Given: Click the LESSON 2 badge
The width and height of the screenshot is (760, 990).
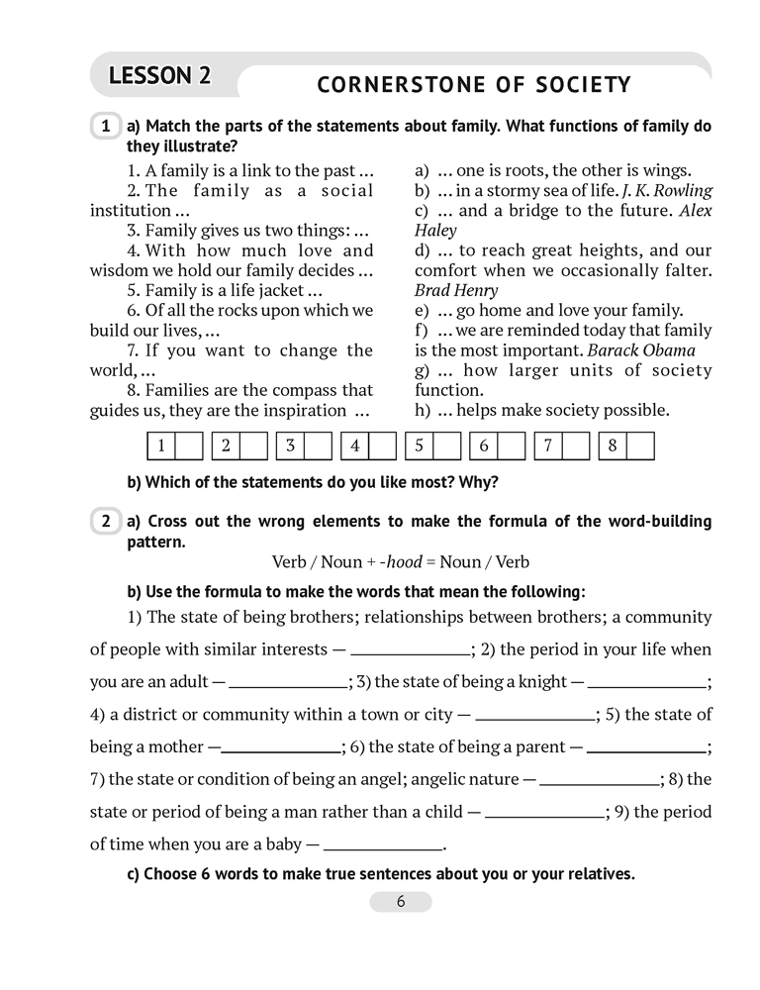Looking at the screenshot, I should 159,75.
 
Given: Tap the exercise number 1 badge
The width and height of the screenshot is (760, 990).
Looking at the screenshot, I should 105,128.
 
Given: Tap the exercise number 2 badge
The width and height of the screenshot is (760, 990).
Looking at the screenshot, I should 105,521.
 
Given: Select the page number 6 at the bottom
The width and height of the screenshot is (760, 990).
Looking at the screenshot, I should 401,902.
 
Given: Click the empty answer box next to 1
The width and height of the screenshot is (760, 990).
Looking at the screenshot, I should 189,445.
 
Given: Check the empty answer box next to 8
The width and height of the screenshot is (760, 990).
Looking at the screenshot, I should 641,445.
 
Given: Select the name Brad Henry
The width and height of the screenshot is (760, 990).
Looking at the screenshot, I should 456,291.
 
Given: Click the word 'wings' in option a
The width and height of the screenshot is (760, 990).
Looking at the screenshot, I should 669,170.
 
